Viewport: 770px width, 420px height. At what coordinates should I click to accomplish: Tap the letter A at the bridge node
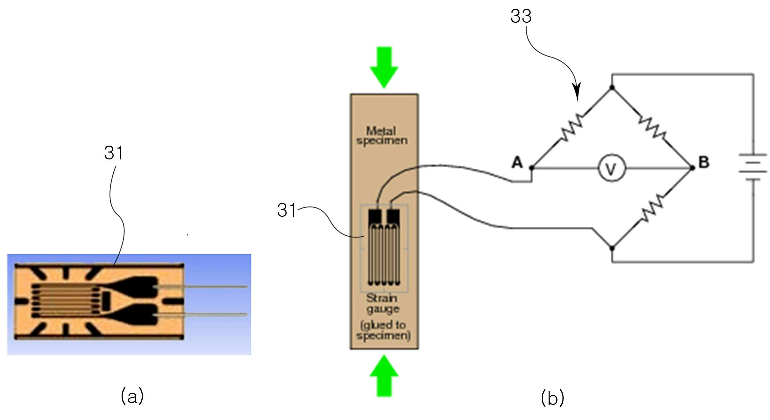click(x=517, y=162)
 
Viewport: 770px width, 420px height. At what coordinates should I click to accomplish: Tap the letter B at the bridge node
click(x=704, y=162)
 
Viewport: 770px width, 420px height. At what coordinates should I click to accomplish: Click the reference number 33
click(x=521, y=16)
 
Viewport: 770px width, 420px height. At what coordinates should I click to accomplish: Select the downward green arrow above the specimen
click(x=384, y=68)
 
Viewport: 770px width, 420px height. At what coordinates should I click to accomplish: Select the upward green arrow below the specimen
click(x=384, y=375)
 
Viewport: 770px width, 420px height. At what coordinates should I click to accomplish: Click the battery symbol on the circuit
click(x=753, y=167)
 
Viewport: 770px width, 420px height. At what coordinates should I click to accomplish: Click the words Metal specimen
click(x=382, y=136)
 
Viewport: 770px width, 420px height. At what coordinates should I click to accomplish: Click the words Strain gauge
click(x=383, y=303)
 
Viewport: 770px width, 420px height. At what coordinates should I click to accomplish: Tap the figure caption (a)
click(x=132, y=395)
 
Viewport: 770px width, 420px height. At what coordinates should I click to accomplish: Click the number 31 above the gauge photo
click(x=114, y=153)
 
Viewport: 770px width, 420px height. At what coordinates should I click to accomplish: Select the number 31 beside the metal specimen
click(x=287, y=210)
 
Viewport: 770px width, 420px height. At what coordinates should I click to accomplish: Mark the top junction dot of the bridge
click(x=612, y=88)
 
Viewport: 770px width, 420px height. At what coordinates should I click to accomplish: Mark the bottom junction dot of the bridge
click(x=612, y=248)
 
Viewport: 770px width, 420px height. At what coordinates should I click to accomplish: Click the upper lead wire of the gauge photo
click(x=201, y=287)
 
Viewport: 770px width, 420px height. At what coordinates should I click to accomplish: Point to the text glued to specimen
click(x=384, y=330)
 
